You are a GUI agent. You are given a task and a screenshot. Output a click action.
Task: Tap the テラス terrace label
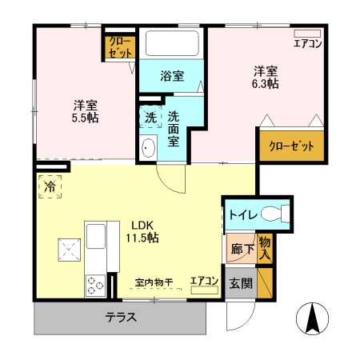click(x=120, y=316)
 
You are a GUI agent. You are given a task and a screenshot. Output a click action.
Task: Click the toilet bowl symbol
click(x=274, y=214)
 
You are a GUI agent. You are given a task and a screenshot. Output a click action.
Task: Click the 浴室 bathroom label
click(x=171, y=77)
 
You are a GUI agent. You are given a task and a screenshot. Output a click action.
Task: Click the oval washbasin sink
click(x=148, y=148)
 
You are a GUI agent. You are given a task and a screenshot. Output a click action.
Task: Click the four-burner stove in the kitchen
click(x=96, y=283)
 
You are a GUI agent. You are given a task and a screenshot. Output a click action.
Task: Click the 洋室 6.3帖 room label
click(x=266, y=77)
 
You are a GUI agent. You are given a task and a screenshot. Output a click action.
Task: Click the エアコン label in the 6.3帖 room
click(x=307, y=43)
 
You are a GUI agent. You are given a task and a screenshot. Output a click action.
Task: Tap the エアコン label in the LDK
click(x=204, y=281)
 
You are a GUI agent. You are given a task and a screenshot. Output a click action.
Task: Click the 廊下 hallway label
click(x=239, y=250)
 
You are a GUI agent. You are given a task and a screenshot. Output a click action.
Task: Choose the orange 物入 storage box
click(x=266, y=247)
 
